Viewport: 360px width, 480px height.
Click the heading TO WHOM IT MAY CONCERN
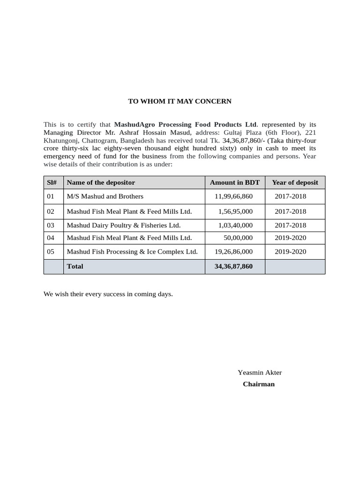tap(180, 101)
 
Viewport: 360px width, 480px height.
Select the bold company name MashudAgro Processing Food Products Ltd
tap(186, 125)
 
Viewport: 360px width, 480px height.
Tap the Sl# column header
tap(52, 182)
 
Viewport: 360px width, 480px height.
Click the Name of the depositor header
tap(101, 182)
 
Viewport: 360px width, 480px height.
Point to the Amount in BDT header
tap(234, 182)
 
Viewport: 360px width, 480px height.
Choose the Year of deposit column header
tap(295, 182)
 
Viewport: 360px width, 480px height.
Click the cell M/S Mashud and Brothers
tap(105, 196)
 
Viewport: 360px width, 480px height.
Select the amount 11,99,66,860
tap(233, 196)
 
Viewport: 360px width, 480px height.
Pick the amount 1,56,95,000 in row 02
tap(235, 212)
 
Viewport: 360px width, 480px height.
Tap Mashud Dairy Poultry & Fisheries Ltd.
tap(124, 225)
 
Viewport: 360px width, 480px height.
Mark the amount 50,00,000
tap(238, 238)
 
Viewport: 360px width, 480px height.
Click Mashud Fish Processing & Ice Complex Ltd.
tap(132, 252)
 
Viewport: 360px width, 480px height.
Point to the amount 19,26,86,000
tap(233, 252)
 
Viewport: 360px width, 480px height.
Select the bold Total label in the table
tap(75, 266)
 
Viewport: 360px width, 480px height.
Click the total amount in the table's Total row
tap(233, 266)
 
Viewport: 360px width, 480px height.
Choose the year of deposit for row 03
tap(290, 225)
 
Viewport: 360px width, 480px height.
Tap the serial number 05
tap(51, 252)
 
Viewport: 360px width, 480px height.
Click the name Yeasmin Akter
tap(260, 373)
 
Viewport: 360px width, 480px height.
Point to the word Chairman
tap(259, 384)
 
